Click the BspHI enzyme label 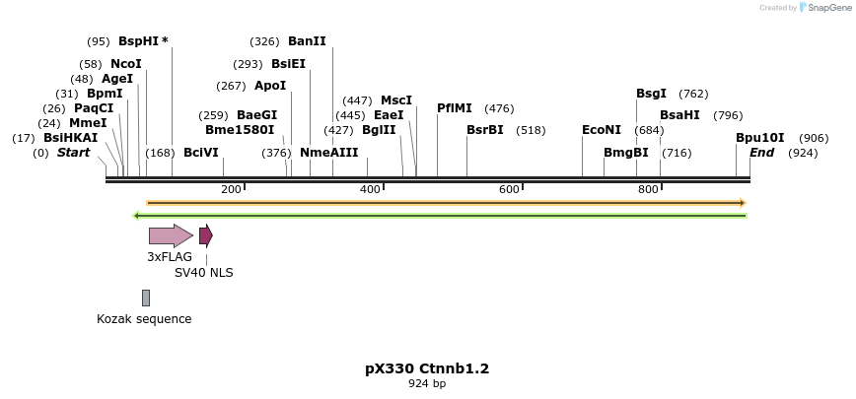[x=138, y=41]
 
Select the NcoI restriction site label [x=126, y=64]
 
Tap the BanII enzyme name [x=307, y=41]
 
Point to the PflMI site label [x=455, y=108]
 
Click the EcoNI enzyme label [x=602, y=130]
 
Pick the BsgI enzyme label [x=651, y=94]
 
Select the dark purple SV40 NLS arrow [x=205, y=235]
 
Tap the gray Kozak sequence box [x=146, y=298]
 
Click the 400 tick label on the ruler [x=370, y=189]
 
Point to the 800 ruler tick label [x=648, y=189]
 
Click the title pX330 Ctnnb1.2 [x=427, y=368]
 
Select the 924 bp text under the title [x=427, y=384]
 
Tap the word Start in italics [x=73, y=153]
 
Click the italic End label [x=761, y=153]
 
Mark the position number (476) [x=499, y=108]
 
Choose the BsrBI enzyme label [x=485, y=130]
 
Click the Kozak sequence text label [x=144, y=319]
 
